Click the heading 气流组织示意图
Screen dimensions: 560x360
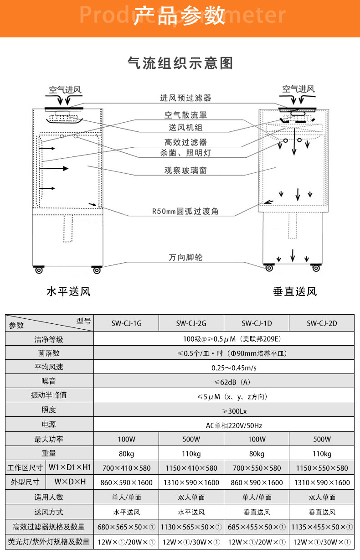pos(180,63)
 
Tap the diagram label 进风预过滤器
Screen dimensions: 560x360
pos(185,98)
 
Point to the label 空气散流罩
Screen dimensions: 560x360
pos(185,115)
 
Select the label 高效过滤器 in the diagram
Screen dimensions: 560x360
pos(185,142)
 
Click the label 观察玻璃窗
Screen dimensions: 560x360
pos(185,171)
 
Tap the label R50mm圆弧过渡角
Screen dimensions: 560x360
pos(185,212)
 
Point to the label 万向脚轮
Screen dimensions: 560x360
pos(185,258)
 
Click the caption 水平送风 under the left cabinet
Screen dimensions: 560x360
pos(68,291)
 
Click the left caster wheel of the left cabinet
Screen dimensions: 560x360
pos(38,270)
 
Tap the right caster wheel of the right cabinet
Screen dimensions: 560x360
pos(316,268)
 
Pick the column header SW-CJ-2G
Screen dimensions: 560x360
pos(191,323)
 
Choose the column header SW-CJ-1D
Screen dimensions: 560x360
pos(257,323)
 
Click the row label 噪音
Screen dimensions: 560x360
pos(49,381)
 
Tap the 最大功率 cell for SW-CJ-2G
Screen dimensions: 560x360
pos(191,440)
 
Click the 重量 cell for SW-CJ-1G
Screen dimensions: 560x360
pos(126,454)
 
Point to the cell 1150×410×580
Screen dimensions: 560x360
pos(191,468)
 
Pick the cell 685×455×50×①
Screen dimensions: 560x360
pos(257,527)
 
